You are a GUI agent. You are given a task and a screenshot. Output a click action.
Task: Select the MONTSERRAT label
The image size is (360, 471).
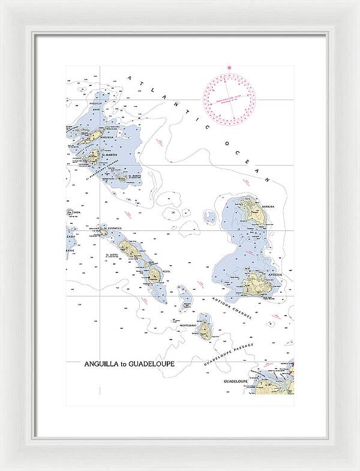pos(196,326)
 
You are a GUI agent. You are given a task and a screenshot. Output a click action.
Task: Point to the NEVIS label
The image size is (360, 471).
pos(166,271)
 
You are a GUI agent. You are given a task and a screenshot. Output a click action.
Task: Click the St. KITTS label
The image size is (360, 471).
pos(112,255)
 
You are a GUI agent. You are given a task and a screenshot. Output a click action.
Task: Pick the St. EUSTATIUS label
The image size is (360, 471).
pos(113,228)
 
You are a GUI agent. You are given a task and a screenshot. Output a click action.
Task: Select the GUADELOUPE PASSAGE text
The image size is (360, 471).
pos(229,355)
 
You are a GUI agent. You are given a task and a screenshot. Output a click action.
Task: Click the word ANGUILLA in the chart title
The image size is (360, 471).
pos(104,364)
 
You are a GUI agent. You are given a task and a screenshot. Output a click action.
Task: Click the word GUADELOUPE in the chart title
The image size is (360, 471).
pos(154,364)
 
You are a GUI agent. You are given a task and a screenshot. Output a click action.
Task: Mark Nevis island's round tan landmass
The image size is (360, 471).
pos(154,275)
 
